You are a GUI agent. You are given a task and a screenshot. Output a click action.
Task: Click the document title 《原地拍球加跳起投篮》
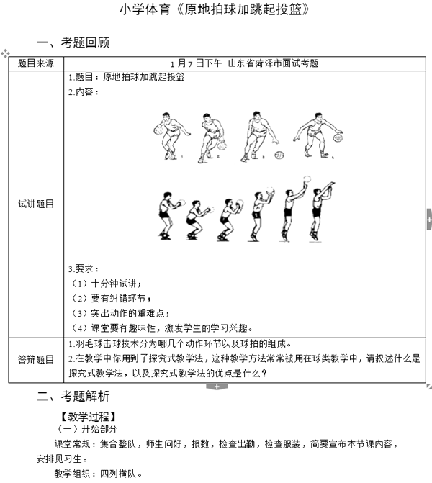coord(216,9)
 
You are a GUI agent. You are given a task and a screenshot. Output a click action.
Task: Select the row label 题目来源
coord(36,63)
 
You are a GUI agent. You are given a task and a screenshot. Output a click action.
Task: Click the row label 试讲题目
coord(36,204)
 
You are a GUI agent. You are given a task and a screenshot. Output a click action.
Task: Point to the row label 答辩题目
coord(36,358)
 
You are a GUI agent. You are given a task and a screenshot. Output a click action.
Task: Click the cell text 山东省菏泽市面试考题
coord(273,63)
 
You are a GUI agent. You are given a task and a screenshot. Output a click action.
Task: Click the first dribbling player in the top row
coord(168,135)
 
